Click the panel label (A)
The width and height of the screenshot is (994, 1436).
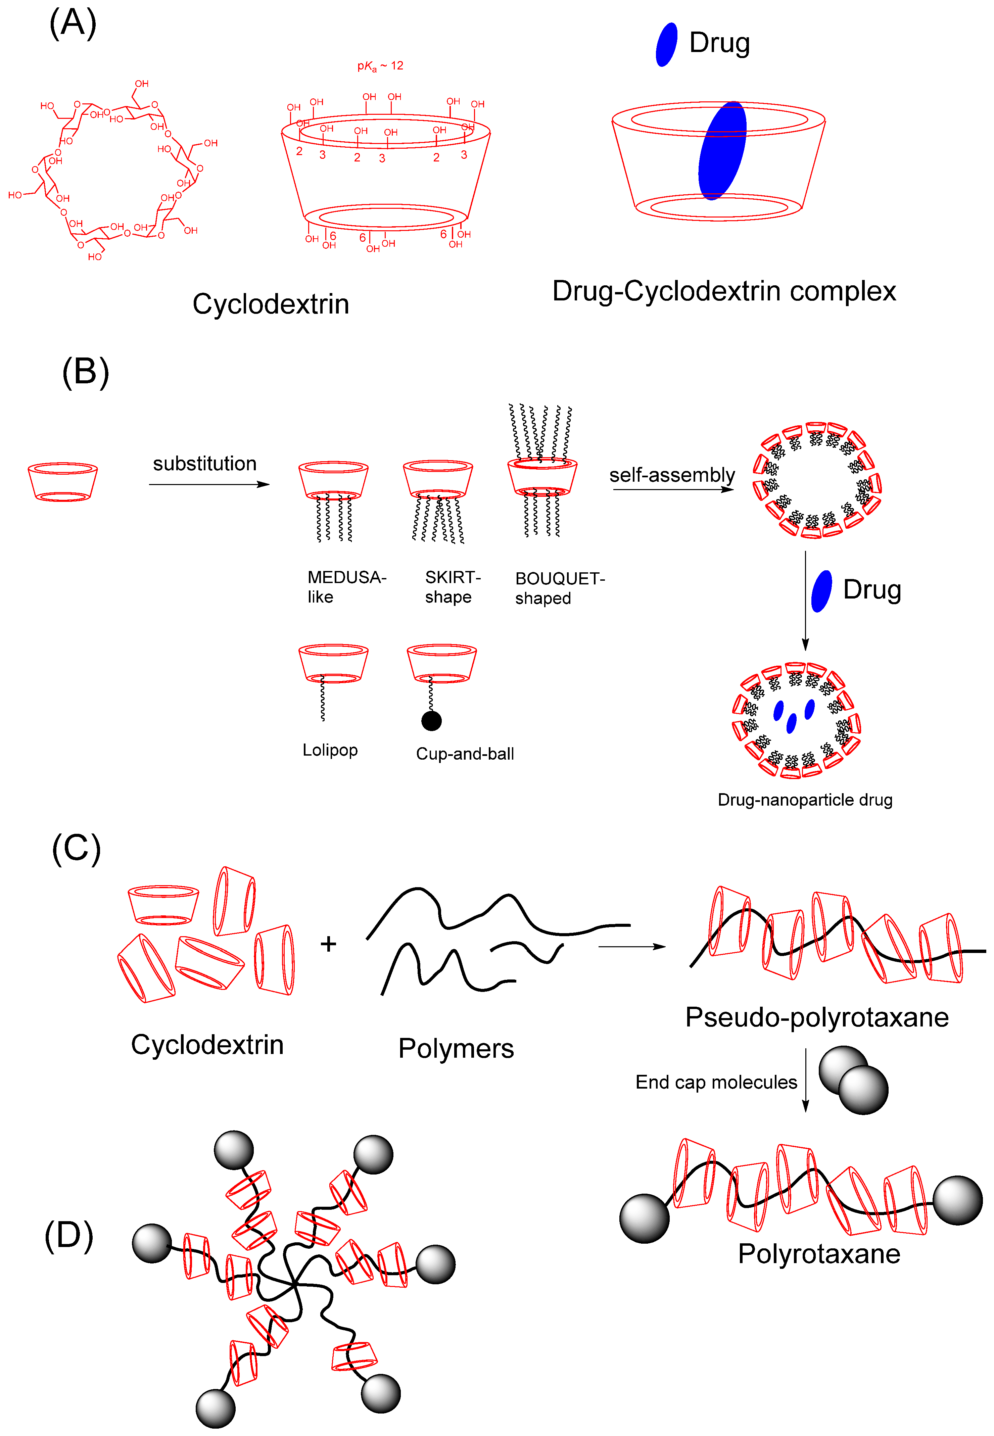tap(73, 23)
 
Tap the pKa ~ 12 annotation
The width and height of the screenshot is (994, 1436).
tap(380, 66)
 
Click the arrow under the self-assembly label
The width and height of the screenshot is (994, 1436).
tap(673, 489)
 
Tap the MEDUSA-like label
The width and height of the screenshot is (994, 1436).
tap(346, 587)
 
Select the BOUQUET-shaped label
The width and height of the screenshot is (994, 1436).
tap(559, 588)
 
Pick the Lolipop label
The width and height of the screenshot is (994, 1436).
tap(330, 750)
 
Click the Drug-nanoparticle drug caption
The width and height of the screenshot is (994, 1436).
tap(805, 800)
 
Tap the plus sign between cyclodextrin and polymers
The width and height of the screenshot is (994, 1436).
tap(328, 944)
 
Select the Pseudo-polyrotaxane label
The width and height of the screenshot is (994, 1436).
tap(816, 1017)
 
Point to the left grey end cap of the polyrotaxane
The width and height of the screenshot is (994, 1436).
tap(644, 1218)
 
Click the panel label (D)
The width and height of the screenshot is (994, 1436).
tap(68, 1236)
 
